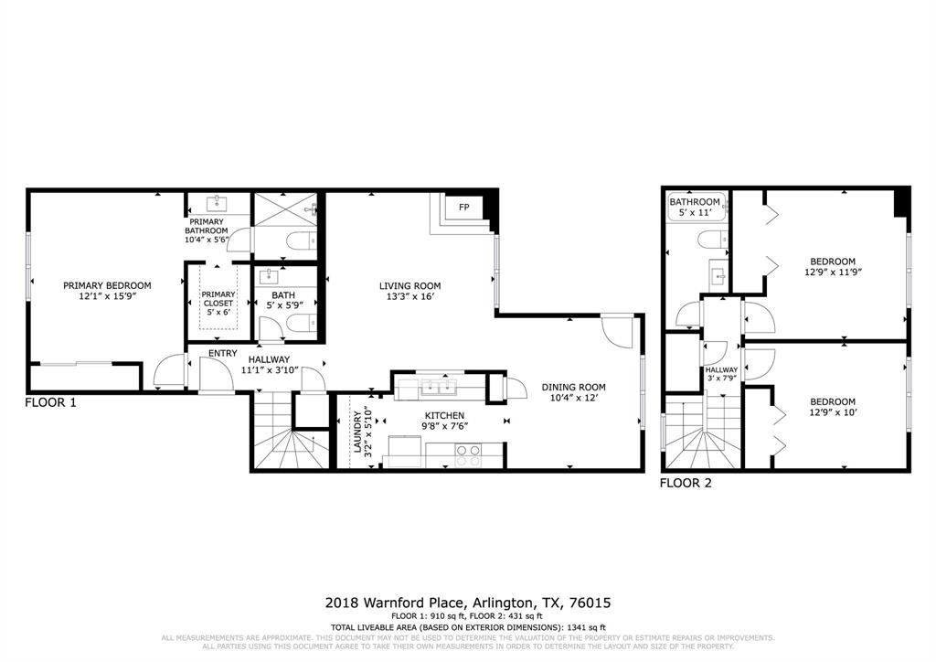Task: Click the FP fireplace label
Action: pos(464,208)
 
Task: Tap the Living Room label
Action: pos(410,285)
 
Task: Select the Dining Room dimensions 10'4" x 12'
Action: pos(573,399)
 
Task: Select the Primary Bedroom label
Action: pos(107,285)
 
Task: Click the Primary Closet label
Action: pos(218,299)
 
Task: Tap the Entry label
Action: pos(223,353)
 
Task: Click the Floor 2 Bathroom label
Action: pos(695,202)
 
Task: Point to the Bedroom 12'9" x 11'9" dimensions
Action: pos(833,272)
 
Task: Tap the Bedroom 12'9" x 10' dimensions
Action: pos(833,413)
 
